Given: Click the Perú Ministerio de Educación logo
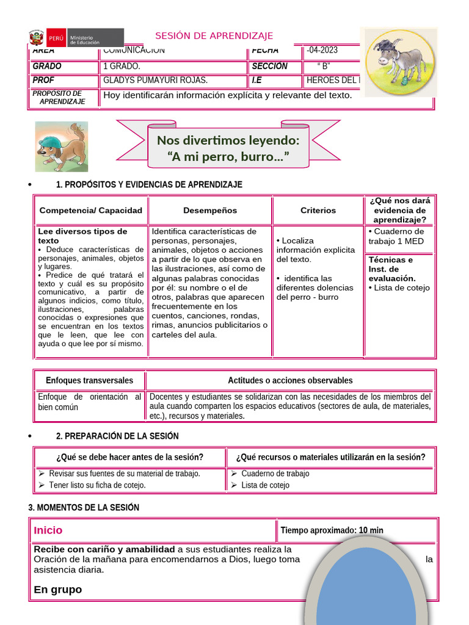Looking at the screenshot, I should (x=76, y=38).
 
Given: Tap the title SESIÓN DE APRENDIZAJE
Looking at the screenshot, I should (x=214, y=36).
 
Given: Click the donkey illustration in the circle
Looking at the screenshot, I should (x=400, y=61).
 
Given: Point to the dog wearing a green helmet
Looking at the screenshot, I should (x=61, y=146).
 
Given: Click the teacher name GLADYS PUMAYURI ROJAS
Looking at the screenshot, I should (x=156, y=81).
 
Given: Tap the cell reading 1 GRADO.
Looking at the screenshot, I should (x=122, y=67).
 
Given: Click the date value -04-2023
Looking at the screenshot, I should (x=322, y=51).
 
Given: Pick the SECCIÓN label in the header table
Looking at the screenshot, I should (x=269, y=67).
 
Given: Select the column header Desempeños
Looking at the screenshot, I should (x=210, y=211).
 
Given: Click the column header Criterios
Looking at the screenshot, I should (x=318, y=211).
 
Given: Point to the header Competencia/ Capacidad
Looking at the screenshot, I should (x=90, y=211).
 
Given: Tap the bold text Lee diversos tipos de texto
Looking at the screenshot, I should (x=82, y=236).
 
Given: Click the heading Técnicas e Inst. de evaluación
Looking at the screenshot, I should (x=391, y=269).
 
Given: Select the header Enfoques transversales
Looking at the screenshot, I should (x=89, y=380).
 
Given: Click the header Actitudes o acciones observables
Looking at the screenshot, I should (x=290, y=380).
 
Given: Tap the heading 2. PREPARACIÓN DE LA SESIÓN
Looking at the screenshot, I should (x=117, y=436).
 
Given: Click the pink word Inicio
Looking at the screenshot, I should (x=48, y=530).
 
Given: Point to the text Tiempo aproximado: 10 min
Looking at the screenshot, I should (x=332, y=530).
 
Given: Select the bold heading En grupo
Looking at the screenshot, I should (x=58, y=590).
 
